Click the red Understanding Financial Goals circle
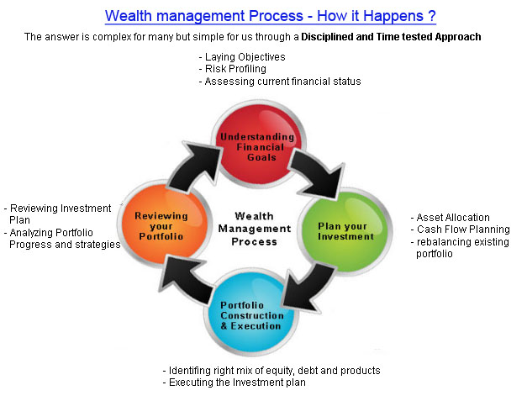coord(259,145)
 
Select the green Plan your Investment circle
coord(345,231)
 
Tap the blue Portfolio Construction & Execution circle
coord(251,312)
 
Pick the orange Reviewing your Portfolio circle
coord(165,224)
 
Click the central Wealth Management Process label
coord(255,229)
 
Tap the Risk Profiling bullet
coord(233,69)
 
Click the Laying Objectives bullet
coord(242,57)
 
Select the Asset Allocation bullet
coord(450,218)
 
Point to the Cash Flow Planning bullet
coord(460,230)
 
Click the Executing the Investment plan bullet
coord(235,383)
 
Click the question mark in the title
coord(432,16)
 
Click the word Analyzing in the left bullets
coord(30,233)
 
